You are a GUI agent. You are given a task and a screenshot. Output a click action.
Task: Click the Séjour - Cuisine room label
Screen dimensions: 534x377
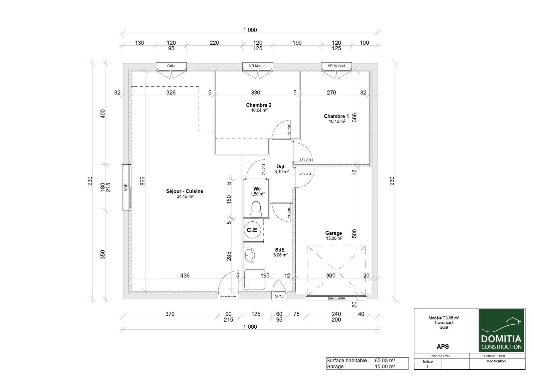185,191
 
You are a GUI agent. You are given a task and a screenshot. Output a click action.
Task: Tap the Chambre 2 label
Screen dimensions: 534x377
259,105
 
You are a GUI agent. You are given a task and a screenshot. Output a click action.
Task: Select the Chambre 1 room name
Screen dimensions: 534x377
336,116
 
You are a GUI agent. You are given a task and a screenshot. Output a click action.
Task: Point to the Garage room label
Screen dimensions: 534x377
333,233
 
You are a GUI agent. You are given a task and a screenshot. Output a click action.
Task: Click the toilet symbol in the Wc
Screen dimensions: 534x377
256,209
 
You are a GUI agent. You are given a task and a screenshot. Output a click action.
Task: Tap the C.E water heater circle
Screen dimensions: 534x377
252,230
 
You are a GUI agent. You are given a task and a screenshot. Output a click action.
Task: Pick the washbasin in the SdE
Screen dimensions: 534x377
249,255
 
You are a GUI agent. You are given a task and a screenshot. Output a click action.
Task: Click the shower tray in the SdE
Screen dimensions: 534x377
255,279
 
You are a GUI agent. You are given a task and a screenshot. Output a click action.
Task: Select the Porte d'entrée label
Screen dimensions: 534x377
228,297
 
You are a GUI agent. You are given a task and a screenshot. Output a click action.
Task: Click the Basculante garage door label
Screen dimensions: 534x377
336,298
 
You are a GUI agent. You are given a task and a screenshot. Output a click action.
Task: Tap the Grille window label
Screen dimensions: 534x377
171,66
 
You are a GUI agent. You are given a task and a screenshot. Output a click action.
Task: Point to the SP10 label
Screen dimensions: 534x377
279,296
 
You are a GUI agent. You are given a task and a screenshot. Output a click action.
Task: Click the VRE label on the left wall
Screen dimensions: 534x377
125,187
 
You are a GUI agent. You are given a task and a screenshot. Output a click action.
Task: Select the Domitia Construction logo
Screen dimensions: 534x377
501,331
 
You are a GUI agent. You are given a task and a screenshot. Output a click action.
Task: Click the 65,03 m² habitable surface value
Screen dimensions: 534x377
385,360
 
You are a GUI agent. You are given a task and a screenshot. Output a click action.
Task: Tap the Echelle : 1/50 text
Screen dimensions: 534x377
494,356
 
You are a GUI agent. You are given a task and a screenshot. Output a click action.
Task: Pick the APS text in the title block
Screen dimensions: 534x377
443,347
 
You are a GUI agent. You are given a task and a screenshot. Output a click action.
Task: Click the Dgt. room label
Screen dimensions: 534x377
281,166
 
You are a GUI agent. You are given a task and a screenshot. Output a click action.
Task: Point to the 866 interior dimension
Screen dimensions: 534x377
142,181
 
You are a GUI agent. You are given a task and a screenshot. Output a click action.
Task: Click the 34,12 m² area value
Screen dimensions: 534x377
185,196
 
